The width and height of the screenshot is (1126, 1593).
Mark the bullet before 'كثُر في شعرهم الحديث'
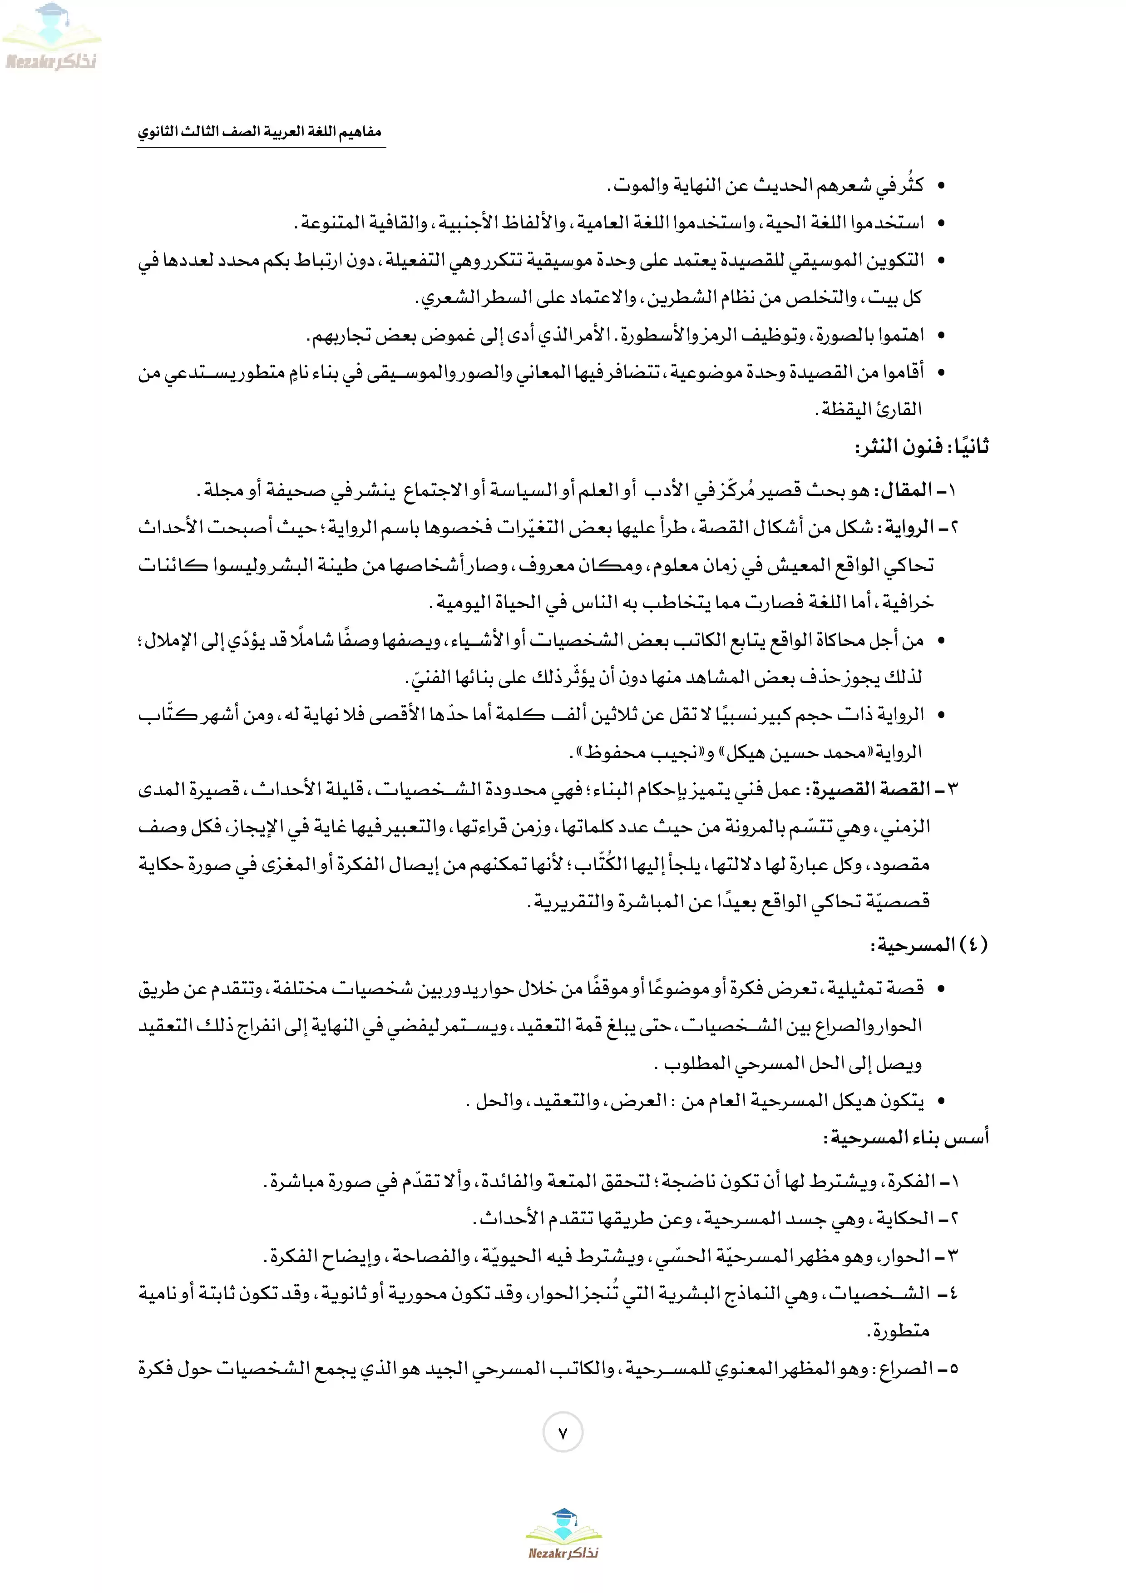[x=941, y=186]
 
